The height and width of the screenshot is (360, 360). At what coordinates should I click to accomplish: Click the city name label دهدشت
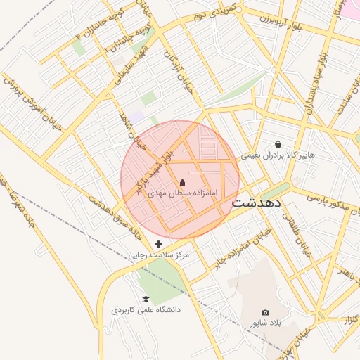click(x=257, y=202)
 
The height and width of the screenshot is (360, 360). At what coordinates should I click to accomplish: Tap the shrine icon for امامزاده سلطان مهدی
click(x=183, y=183)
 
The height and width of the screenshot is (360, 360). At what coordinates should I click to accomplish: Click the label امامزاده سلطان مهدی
click(x=183, y=192)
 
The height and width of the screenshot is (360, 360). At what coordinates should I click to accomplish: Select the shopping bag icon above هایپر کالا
click(x=278, y=144)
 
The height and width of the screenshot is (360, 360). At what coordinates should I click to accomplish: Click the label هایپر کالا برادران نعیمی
click(x=278, y=154)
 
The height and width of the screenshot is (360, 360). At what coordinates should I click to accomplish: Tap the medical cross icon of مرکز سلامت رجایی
click(x=158, y=244)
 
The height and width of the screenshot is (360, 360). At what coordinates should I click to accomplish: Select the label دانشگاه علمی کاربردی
click(x=146, y=309)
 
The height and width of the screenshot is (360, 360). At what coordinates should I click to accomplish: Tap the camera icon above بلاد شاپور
click(x=265, y=312)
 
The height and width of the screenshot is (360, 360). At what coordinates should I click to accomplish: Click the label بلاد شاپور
click(x=265, y=322)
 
